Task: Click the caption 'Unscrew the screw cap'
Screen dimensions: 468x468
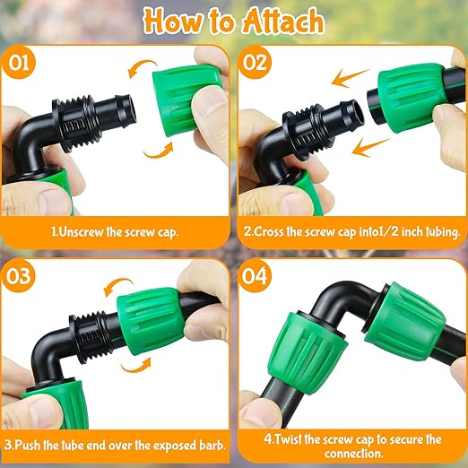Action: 114,230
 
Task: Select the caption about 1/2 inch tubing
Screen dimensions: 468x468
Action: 352,230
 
